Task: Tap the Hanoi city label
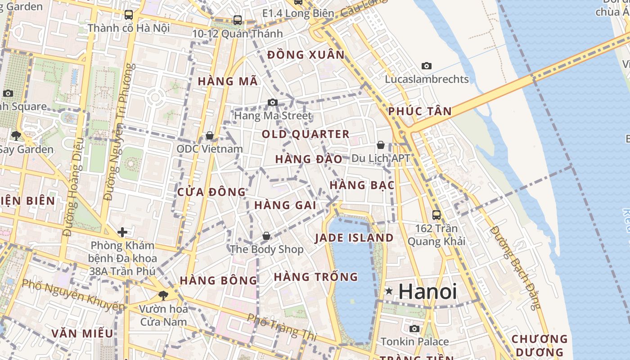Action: coord(427,292)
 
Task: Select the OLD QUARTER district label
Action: coord(306,134)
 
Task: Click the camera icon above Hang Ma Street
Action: coord(272,103)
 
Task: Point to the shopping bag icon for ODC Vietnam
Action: coord(209,135)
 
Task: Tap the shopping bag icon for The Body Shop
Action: coord(266,236)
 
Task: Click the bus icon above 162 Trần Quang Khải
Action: coord(436,215)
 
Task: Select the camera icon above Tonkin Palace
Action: coord(414,328)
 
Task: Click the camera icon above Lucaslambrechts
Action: coord(426,66)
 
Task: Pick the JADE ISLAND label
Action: coord(354,238)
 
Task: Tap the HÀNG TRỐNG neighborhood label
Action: coord(315,277)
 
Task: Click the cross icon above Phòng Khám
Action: coord(122,232)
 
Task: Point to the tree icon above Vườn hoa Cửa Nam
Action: coord(163,295)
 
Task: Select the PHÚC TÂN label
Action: coord(420,111)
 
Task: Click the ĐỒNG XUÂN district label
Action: coord(306,55)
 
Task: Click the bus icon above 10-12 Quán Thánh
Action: coord(237,20)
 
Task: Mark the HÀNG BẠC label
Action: coord(362,185)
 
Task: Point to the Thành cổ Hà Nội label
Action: coord(128,28)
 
